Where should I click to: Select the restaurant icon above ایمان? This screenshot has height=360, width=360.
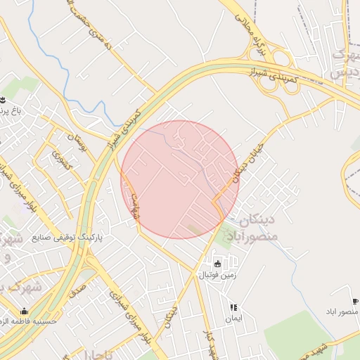(x=233, y=307)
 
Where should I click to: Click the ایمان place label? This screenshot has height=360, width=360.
(x=233, y=319)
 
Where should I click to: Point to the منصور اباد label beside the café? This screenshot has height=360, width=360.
(x=342, y=311)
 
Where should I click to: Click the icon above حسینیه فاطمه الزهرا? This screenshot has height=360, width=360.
(x=25, y=311)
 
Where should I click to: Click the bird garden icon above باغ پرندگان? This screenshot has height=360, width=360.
(x=3, y=99)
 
